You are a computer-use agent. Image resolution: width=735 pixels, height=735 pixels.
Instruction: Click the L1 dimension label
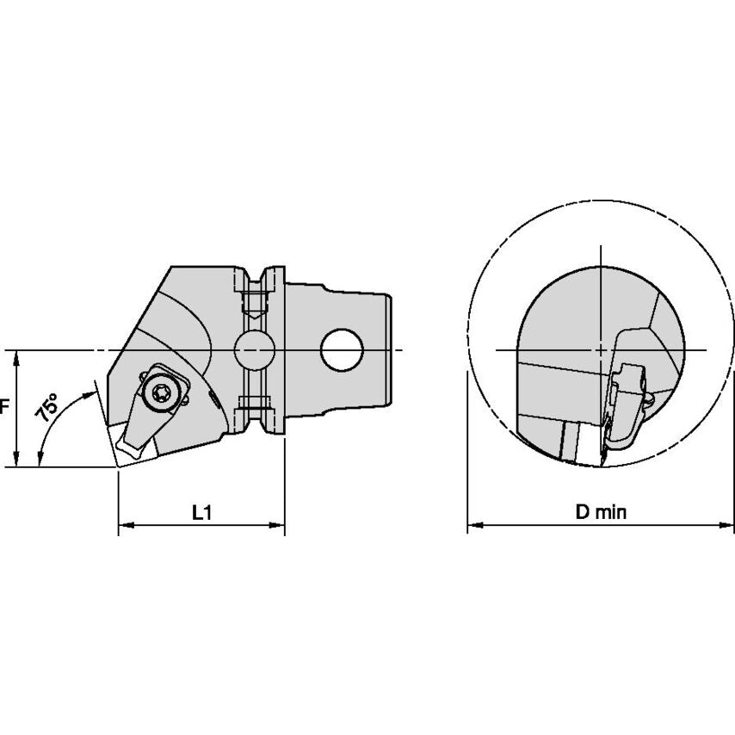point(202,513)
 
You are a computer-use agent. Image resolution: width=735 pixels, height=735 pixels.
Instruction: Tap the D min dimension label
point(601,512)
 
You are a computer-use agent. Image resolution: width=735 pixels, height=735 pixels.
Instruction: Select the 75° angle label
point(46,406)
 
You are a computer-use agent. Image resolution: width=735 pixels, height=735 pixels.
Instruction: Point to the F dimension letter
point(4,406)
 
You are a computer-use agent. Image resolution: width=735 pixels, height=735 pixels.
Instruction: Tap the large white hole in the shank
point(342,350)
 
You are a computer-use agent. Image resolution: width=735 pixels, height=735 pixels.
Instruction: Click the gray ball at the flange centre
point(255,350)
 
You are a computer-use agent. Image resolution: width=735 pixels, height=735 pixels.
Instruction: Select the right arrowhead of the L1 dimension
point(277,526)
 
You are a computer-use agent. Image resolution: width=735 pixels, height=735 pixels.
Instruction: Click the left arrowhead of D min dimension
point(475,525)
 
